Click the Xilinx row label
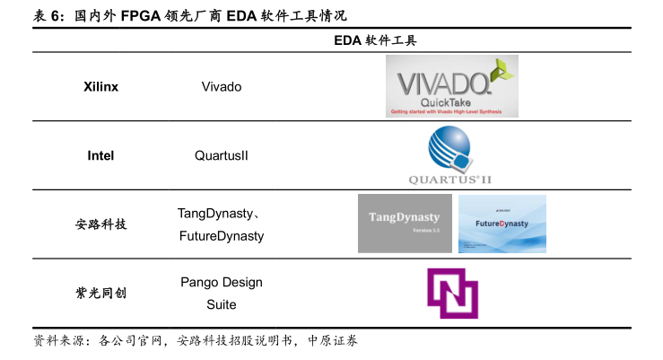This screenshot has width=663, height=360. tap(100, 87)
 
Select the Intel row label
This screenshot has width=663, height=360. tap(100, 155)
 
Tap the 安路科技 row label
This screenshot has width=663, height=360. tap(100, 224)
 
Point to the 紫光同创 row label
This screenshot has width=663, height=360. tap(100, 293)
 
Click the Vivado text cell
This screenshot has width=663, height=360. tap(222, 87)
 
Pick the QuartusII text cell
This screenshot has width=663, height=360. tap(222, 155)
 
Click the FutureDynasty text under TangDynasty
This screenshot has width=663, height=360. tap(222, 236)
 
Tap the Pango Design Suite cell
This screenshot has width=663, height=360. tap(222, 294)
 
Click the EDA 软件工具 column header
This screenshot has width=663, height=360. tap(375, 40)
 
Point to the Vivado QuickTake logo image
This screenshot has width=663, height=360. tap(452, 86)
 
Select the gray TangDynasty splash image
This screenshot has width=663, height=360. tap(405, 224)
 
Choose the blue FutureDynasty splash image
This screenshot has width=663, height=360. tap(502, 224)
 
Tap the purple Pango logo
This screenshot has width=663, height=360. tap(451, 294)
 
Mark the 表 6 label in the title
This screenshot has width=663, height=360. tap(48, 15)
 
